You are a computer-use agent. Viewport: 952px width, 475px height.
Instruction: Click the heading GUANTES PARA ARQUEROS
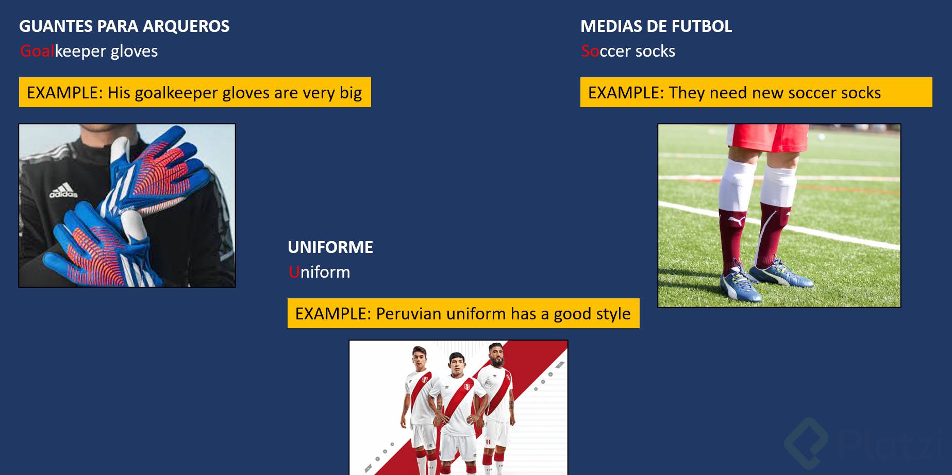tap(124, 26)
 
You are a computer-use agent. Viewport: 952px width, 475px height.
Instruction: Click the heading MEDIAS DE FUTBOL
tap(656, 26)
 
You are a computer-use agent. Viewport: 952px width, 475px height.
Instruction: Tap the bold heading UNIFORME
tap(330, 247)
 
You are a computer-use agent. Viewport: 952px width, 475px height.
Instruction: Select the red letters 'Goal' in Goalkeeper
tap(37, 51)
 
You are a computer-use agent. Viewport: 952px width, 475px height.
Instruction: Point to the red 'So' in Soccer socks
tap(590, 51)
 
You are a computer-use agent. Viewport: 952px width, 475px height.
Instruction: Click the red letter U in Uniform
tap(294, 272)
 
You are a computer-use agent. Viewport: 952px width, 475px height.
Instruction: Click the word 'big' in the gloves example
tap(350, 93)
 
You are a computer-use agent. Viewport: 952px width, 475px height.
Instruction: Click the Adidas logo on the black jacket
tap(63, 190)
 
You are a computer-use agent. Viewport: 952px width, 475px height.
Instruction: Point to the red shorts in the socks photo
tap(767, 137)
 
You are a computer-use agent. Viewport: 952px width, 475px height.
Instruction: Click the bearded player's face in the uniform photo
tap(496, 354)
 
